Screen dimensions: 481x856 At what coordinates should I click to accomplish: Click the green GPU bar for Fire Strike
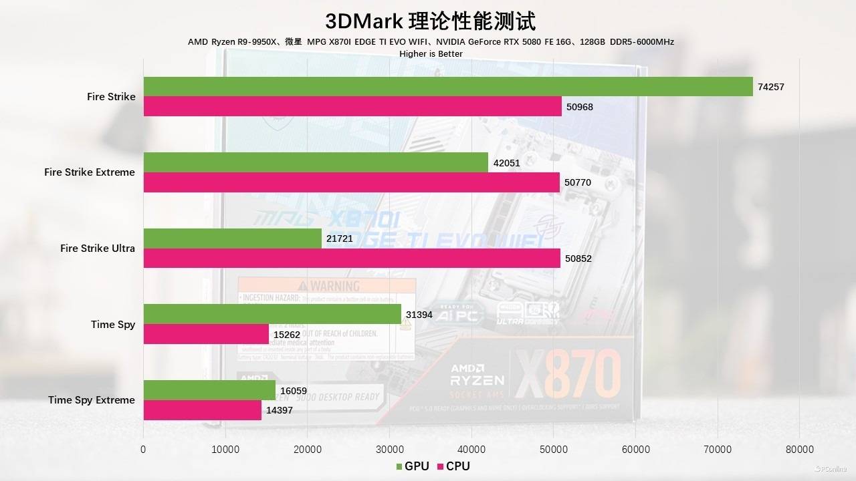click(x=448, y=87)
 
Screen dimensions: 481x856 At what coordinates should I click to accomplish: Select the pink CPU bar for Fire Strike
click(x=352, y=107)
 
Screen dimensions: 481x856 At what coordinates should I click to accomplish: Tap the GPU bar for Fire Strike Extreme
click(x=316, y=162)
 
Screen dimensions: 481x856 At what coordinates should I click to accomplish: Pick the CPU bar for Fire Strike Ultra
click(x=352, y=259)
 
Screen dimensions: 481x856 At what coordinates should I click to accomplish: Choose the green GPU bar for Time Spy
click(x=272, y=314)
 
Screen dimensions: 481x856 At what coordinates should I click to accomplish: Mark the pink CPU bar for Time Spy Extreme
click(x=203, y=410)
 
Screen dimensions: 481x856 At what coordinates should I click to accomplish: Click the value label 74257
click(x=770, y=87)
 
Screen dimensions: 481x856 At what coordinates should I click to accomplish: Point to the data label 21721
click(x=339, y=238)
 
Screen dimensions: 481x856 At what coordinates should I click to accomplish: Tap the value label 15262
click(x=286, y=334)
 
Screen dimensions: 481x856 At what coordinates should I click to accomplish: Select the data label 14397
click(x=280, y=410)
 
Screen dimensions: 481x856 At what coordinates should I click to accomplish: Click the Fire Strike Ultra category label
click(x=98, y=249)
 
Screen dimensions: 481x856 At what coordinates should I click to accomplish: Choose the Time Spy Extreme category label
click(x=92, y=400)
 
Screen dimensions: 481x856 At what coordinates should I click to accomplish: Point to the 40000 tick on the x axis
click(x=471, y=449)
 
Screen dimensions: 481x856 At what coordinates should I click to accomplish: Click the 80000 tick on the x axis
click(x=799, y=449)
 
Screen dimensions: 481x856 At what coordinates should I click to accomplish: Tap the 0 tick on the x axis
click(x=143, y=449)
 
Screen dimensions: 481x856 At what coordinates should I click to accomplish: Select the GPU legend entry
click(x=412, y=466)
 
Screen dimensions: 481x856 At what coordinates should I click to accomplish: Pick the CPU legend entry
click(x=453, y=466)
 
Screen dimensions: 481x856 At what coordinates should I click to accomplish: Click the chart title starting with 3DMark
click(x=430, y=21)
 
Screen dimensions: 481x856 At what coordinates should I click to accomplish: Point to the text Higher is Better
click(x=431, y=53)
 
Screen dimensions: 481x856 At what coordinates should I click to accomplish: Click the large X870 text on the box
click(x=569, y=377)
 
